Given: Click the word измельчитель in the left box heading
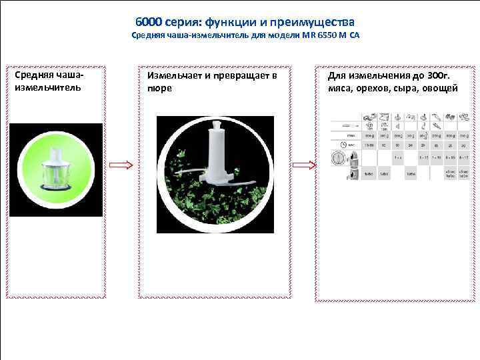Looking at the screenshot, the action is click(x=46, y=87).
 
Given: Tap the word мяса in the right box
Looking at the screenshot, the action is click(x=340, y=87).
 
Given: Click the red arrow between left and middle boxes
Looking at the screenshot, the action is click(x=121, y=165).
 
